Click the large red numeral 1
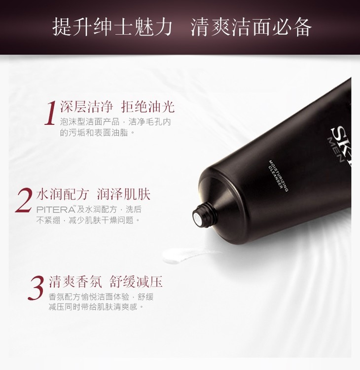(x=50, y=113)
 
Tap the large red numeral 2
(x=24, y=200)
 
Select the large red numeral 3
(x=36, y=288)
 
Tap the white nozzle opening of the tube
(x=196, y=216)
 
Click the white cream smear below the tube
(x=186, y=256)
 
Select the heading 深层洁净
(x=86, y=107)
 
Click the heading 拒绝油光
(x=147, y=107)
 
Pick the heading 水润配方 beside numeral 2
(x=62, y=194)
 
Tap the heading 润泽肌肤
(x=124, y=194)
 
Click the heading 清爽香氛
(x=75, y=282)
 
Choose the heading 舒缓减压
(x=136, y=282)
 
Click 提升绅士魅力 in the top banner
(x=112, y=27)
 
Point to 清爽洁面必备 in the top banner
(x=251, y=27)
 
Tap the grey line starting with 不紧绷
(x=89, y=220)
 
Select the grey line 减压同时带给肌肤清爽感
(x=96, y=307)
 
